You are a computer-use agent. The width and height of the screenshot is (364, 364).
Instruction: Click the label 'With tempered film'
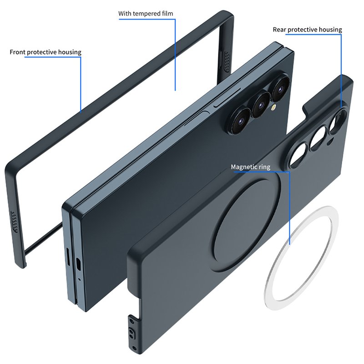[146, 14]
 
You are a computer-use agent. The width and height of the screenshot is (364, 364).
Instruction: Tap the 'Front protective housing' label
[45, 52]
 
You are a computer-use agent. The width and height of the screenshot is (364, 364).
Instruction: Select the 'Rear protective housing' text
[308, 30]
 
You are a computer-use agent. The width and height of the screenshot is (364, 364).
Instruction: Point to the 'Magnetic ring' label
[251, 167]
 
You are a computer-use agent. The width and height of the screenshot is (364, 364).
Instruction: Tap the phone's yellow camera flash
[274, 107]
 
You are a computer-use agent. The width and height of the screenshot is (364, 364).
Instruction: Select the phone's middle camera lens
[261, 104]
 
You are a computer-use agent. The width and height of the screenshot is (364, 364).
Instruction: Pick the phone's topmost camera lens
[281, 88]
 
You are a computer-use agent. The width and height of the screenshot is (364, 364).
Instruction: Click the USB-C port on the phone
[79, 264]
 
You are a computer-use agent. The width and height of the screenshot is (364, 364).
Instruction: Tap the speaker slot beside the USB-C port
[68, 256]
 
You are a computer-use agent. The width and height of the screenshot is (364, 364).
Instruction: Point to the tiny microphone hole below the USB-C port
[79, 279]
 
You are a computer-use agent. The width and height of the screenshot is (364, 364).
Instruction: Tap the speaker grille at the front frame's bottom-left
[15, 222]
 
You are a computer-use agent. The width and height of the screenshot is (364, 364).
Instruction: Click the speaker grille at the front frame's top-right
[226, 61]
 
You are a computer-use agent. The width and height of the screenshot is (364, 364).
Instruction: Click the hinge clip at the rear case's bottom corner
[133, 333]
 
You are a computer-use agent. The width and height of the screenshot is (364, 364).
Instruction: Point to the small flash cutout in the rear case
[330, 142]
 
